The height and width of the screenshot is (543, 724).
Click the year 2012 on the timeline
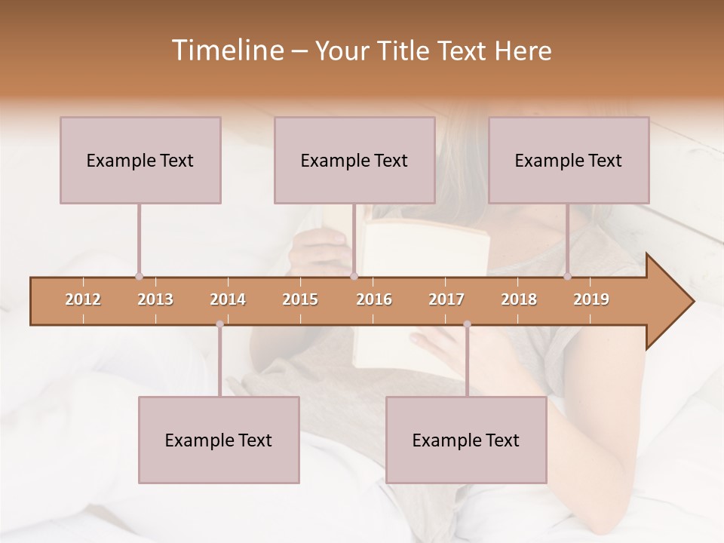[x=83, y=299]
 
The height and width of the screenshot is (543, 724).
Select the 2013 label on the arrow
[x=155, y=299]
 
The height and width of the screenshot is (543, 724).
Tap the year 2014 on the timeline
[x=228, y=299]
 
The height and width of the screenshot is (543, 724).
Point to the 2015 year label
[x=300, y=299]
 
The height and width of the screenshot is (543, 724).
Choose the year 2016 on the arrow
[x=374, y=299]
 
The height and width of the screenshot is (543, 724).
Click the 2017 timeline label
[x=446, y=299]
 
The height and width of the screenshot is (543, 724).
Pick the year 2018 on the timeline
[x=519, y=299]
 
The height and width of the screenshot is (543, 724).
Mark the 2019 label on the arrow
[x=591, y=299]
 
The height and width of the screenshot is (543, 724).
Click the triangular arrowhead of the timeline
[x=669, y=302]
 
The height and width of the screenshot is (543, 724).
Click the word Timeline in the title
[x=226, y=51]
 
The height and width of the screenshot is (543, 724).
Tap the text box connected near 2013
[x=140, y=160]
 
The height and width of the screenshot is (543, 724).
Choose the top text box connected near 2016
[x=354, y=160]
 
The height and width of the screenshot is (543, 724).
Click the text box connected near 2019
[x=569, y=160]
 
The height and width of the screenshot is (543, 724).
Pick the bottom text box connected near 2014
[x=219, y=440]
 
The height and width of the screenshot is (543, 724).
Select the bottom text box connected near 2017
[x=466, y=440]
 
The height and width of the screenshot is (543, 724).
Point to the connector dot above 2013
[x=139, y=277]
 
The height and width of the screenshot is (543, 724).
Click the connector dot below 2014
[x=219, y=324]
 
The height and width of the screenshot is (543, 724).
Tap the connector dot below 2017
[x=467, y=324]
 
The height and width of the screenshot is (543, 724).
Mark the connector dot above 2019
[x=567, y=277]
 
